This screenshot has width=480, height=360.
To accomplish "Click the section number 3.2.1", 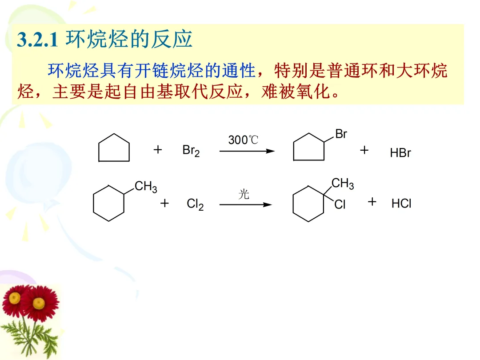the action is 37,40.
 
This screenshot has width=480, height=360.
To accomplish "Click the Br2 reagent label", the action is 191,151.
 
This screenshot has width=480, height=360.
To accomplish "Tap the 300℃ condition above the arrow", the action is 243,140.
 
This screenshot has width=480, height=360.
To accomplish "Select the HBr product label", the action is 400,153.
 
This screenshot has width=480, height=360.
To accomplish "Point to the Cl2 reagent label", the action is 195,204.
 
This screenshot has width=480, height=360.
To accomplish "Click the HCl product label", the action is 401,204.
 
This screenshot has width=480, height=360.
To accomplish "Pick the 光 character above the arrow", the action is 244,194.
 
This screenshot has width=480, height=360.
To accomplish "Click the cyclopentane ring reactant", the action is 114,148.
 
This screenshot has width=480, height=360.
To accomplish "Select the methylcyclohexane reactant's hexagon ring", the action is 108,203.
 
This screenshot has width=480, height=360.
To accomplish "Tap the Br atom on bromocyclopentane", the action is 341,134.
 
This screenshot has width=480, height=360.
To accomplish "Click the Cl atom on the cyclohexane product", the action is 340,205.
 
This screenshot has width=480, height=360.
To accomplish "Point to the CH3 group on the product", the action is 343,184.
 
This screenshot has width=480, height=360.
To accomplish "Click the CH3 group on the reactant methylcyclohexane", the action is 146,187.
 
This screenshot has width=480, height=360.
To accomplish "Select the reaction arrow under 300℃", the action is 247,151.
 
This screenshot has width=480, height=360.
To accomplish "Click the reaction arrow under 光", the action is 245,204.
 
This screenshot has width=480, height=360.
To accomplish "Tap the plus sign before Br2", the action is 157,150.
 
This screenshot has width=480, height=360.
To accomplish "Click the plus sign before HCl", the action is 372,202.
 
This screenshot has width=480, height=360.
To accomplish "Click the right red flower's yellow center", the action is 40,302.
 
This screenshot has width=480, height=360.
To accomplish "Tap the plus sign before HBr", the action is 364,150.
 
